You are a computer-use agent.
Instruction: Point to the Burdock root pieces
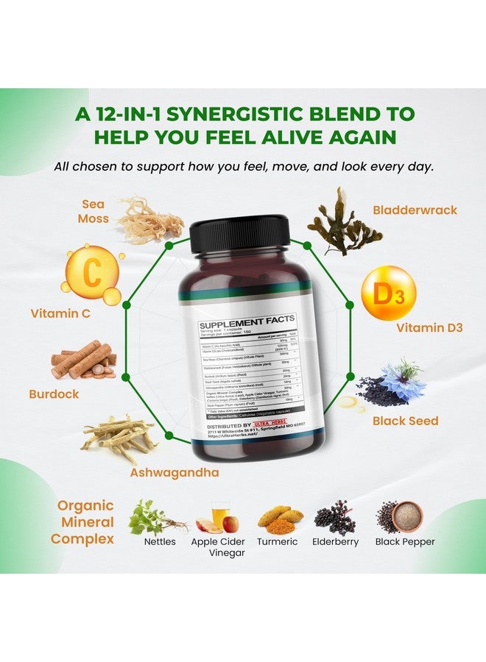pyautogui.click(x=82, y=360)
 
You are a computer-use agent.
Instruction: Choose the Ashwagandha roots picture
pyautogui.click(x=118, y=439)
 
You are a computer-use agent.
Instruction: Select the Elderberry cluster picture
pyautogui.click(x=335, y=518)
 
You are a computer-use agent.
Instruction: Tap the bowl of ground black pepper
pyautogui.click(x=406, y=516)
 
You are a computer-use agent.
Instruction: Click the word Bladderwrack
pyautogui.click(x=414, y=210)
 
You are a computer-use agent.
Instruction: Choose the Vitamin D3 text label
pyautogui.click(x=429, y=328)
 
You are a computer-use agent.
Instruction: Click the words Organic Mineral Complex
pyautogui.click(x=85, y=522)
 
